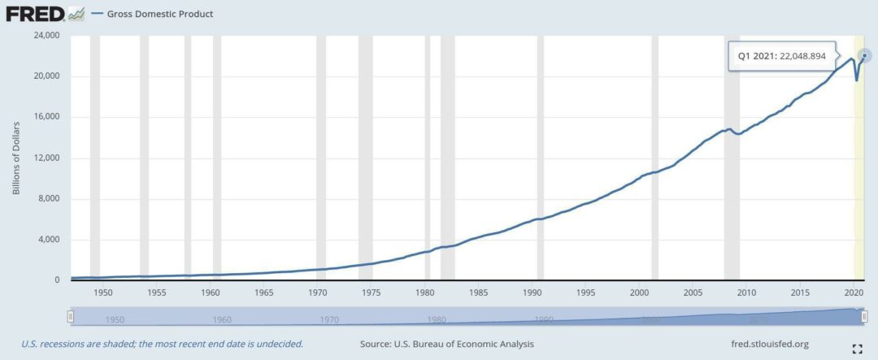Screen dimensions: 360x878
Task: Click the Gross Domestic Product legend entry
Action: click(160, 14)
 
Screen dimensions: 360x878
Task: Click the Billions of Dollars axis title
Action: click(16, 158)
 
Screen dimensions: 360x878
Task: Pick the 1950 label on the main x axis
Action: click(103, 292)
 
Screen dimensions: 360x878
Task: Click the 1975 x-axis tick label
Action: click(371, 292)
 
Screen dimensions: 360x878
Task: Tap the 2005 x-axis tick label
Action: click(693, 292)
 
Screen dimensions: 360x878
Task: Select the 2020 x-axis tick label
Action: click(854, 292)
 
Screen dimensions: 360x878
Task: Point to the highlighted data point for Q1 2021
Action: click(865, 55)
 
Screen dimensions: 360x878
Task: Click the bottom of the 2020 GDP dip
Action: click(856, 80)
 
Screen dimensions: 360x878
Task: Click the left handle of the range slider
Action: click(71, 315)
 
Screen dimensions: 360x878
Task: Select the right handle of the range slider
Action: click(866, 315)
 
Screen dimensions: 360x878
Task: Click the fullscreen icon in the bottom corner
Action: click(856, 349)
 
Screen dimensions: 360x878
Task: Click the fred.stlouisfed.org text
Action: click(769, 344)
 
